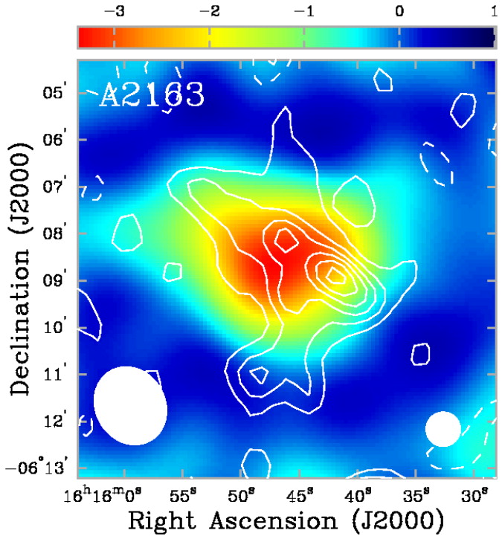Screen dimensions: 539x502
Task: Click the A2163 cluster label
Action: pos(151,95)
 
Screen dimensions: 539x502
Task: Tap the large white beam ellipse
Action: pos(130,405)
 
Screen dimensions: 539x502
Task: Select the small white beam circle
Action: pos(443,429)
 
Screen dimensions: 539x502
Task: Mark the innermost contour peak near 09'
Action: pos(335,276)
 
